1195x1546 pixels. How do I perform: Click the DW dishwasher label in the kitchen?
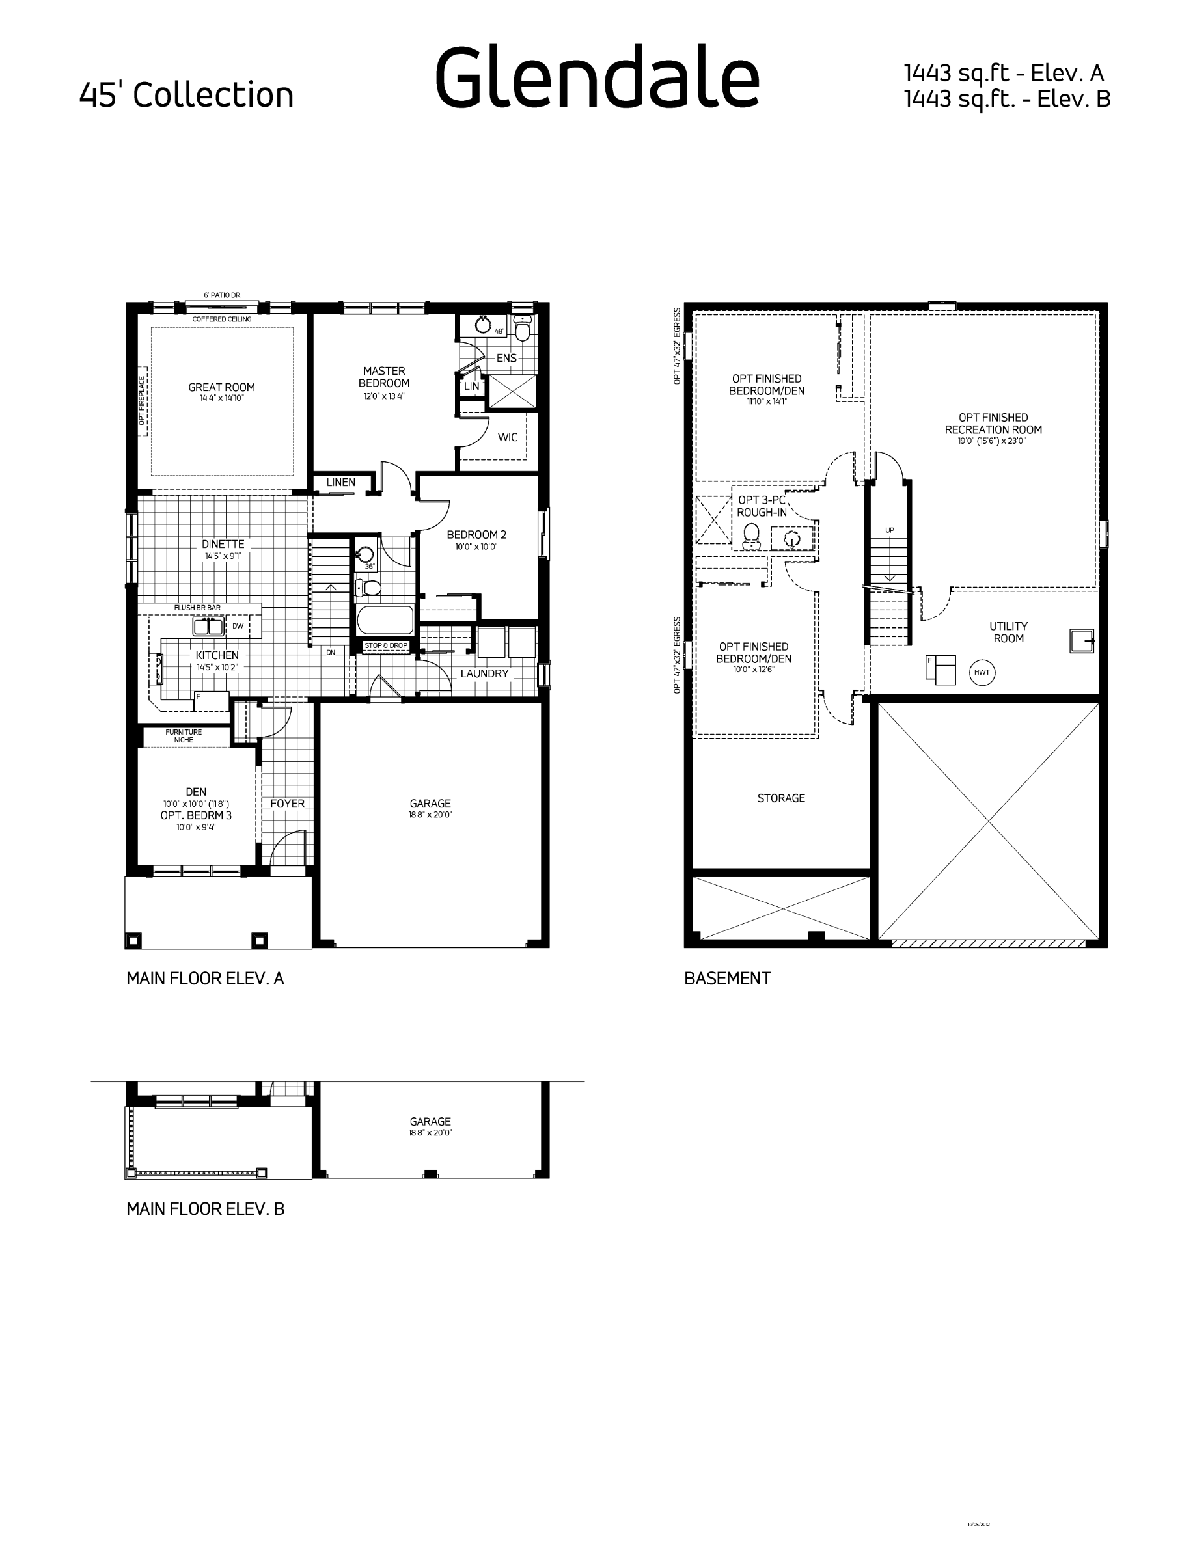[238, 626]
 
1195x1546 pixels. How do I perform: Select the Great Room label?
[221, 387]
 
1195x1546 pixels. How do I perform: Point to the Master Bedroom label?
[384, 377]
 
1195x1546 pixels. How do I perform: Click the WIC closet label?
[508, 437]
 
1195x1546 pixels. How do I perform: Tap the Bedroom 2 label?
[476, 535]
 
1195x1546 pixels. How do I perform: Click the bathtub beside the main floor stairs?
[385, 620]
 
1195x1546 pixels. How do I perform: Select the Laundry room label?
[484, 674]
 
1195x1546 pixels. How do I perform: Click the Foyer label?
[288, 804]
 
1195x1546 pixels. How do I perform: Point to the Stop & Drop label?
[386, 645]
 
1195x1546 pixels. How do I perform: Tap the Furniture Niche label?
[184, 736]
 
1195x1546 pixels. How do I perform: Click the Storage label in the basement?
[781, 798]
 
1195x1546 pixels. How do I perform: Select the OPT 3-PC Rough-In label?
[762, 506]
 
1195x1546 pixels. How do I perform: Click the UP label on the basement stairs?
[889, 530]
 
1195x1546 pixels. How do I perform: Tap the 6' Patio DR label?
[221, 295]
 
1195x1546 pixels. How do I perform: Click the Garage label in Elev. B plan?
[430, 1122]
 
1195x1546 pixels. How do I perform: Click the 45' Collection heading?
[186, 95]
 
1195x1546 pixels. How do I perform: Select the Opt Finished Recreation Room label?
[993, 424]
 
